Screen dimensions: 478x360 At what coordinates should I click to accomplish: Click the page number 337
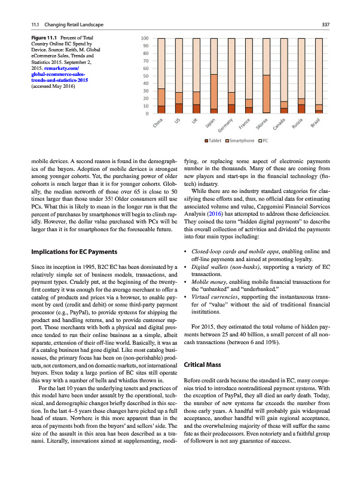326,24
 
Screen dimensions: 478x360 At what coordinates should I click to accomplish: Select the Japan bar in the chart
213,76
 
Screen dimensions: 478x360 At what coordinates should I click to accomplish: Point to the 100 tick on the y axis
145,39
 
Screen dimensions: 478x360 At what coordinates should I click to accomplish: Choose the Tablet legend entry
214,140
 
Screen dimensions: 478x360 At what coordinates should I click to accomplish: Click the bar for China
161,76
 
